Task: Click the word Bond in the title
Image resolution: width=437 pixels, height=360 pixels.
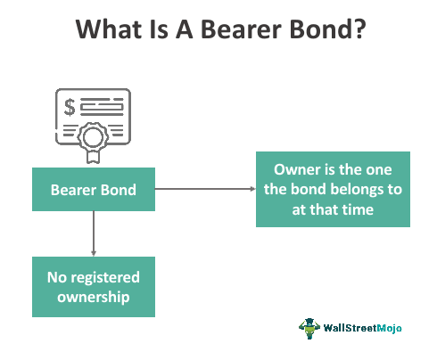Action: point(312,29)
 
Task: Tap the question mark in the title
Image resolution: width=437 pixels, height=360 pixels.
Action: point(355,29)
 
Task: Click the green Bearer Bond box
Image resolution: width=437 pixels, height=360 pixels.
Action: point(94,190)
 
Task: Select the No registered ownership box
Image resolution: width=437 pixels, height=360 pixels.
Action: point(94,286)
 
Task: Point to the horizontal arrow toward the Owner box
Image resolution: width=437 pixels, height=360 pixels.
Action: point(205,190)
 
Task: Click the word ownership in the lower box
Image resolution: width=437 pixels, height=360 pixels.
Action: point(94,296)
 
